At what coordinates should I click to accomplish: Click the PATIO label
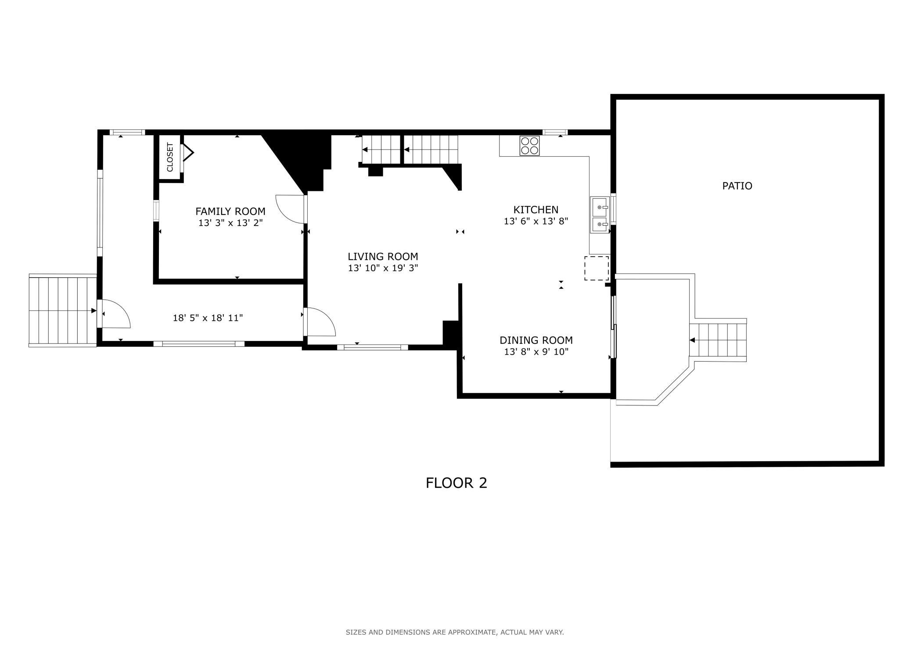point(737,186)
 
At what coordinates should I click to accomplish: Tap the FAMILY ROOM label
point(230,211)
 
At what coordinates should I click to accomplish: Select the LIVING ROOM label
point(383,257)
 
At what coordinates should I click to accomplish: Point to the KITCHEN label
point(536,210)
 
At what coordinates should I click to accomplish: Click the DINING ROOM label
point(536,340)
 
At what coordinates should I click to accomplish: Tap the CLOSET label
point(170,157)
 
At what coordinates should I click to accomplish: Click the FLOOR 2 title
point(456,483)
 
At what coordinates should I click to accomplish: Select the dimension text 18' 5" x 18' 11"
point(208,318)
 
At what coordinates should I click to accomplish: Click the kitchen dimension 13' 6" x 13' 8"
point(536,221)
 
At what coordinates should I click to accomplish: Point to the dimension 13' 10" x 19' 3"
point(383,268)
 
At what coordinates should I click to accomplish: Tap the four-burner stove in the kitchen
point(530,146)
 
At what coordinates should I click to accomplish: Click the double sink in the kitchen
point(600,215)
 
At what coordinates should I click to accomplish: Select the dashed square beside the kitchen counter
point(596,268)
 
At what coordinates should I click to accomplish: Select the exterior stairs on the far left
point(62,311)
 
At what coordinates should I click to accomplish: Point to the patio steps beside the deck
point(718,340)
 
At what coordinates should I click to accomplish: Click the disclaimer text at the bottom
point(455,632)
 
